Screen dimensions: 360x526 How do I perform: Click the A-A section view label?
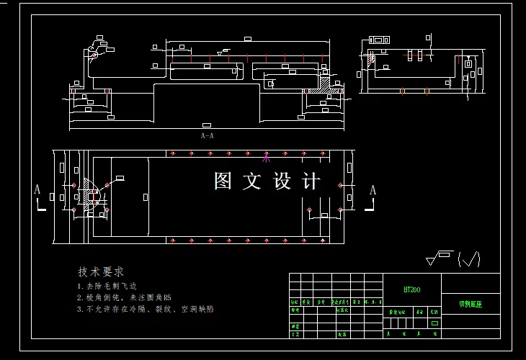tap(207, 135)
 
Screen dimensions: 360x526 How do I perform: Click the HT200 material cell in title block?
tap(412, 289)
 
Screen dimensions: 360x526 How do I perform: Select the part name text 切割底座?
tap(471, 304)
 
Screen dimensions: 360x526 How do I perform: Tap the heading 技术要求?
tap(101, 271)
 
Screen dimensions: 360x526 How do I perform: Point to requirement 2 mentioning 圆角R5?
tap(124, 297)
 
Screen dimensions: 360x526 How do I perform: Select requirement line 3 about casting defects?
tap(145, 308)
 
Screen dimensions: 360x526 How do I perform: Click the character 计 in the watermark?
tap(312, 181)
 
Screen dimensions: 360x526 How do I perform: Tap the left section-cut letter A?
tap(37, 189)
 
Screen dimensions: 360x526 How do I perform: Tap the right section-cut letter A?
tap(373, 190)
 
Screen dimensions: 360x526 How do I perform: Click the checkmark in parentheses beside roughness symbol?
tap(469, 259)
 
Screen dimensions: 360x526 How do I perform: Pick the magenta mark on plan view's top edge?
tap(266, 156)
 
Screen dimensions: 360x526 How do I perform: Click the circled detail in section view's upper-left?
tap(94, 54)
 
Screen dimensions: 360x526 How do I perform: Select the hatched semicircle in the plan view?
tap(89, 193)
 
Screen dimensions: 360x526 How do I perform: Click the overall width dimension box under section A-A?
tap(207, 125)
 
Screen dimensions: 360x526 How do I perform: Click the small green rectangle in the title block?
tap(434, 323)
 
